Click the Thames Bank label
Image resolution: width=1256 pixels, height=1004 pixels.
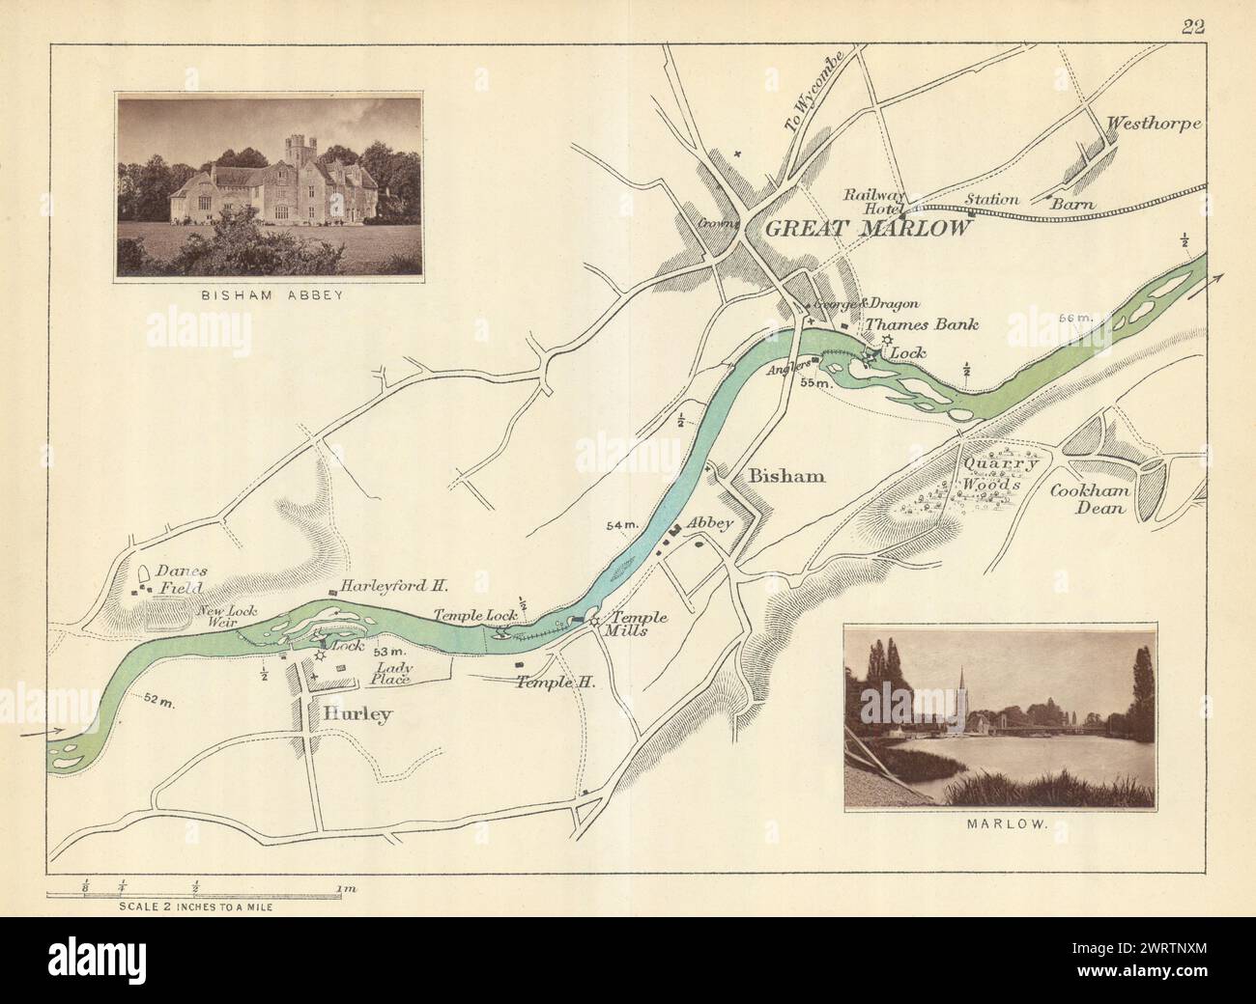point(921,325)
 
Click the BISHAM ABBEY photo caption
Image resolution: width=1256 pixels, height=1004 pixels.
point(271,297)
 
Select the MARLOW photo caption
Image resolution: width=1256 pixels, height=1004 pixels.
point(1000,825)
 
